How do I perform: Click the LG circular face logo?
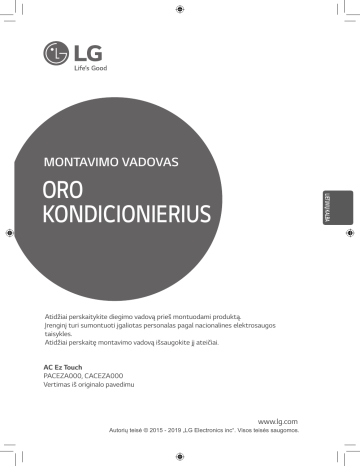tap(57, 51)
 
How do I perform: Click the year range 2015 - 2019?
tap(182, 431)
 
